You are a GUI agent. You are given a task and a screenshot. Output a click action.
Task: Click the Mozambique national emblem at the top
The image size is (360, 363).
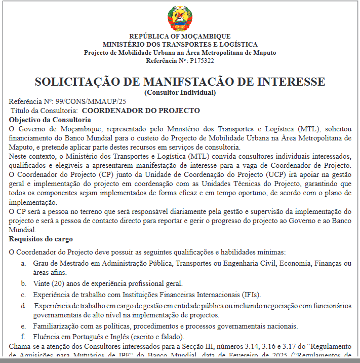tap(180, 18)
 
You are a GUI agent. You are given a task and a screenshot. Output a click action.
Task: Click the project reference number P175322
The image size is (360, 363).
tap(202, 61)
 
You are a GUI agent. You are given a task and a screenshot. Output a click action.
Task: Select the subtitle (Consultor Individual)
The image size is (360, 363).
tap(180, 92)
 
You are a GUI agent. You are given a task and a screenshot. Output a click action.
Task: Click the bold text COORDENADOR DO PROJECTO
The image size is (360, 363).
tap(141, 111)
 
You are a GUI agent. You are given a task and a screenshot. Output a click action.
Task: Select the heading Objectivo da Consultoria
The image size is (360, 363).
tap(50, 120)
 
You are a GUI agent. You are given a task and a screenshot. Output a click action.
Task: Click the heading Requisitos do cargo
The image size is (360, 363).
tap(41, 239)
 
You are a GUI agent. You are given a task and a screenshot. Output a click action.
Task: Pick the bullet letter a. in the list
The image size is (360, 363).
tap(23, 264)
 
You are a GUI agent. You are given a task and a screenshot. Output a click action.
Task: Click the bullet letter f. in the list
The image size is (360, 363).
tap(23, 337)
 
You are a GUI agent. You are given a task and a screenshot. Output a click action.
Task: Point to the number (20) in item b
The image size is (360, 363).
tap(58, 283)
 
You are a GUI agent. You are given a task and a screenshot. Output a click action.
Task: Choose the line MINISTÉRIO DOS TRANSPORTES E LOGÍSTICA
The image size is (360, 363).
tap(180, 45)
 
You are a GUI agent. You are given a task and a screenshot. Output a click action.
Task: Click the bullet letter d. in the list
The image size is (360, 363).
tap(23, 306)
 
